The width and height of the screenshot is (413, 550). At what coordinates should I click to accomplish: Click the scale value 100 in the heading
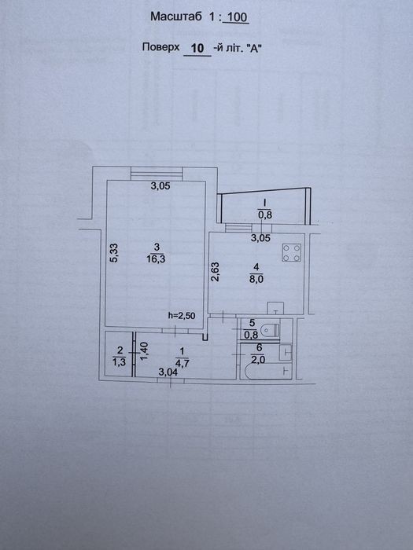(x=238, y=17)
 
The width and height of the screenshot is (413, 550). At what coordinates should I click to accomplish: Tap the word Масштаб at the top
(x=176, y=16)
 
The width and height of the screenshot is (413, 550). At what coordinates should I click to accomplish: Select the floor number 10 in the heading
(x=197, y=48)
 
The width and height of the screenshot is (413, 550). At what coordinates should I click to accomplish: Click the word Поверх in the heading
(x=160, y=47)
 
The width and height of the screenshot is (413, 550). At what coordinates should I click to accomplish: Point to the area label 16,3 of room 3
(x=157, y=259)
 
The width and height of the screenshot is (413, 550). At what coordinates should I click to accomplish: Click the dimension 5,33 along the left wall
(x=115, y=253)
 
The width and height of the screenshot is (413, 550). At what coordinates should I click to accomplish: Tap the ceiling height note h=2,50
(x=182, y=315)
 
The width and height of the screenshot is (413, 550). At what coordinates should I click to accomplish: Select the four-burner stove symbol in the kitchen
(x=292, y=252)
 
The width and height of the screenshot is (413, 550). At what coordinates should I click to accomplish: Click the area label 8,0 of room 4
(x=256, y=280)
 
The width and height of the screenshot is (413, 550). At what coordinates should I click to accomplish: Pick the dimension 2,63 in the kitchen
(x=215, y=272)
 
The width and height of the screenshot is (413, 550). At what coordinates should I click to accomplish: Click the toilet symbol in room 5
(x=271, y=330)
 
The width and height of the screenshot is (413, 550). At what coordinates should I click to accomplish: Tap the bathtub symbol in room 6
(x=268, y=372)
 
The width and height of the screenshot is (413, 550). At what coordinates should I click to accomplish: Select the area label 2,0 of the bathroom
(x=257, y=359)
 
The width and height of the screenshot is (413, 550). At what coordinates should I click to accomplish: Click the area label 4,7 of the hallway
(x=182, y=363)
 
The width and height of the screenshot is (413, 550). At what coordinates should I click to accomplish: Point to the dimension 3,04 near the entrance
(x=168, y=372)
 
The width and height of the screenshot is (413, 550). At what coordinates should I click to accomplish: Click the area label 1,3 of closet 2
(x=120, y=362)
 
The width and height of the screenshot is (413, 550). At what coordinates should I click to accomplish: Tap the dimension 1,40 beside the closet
(x=145, y=352)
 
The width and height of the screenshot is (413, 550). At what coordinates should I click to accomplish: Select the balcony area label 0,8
(x=265, y=215)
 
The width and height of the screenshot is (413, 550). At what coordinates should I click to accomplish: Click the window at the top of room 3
(x=157, y=174)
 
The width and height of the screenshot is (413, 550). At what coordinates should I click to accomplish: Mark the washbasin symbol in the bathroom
(x=285, y=352)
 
